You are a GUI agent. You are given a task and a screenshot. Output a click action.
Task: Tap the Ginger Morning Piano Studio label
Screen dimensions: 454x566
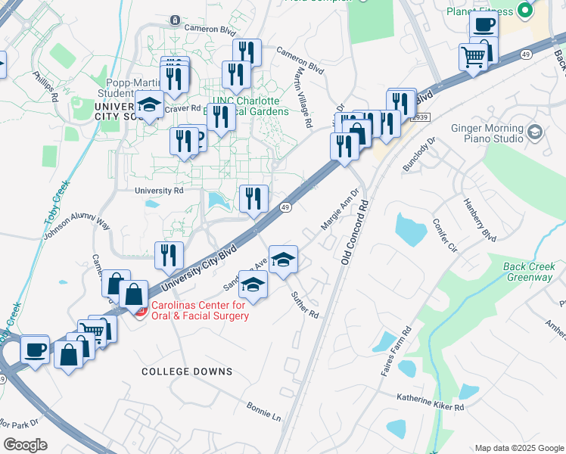tap(487, 133)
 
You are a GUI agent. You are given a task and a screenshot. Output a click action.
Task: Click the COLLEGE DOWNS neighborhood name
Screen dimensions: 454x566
tap(187, 372)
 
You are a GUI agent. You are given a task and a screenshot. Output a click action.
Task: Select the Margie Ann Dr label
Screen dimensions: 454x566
tap(338, 210)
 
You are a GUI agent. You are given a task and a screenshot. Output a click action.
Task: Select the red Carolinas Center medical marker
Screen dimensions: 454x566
tap(139, 310)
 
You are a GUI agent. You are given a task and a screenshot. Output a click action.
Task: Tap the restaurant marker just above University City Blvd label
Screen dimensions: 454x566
tap(169, 255)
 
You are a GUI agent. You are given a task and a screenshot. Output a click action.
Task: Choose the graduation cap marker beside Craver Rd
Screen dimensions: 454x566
tap(149, 104)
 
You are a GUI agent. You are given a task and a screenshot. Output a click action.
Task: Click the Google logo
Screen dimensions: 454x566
tap(25, 445)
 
